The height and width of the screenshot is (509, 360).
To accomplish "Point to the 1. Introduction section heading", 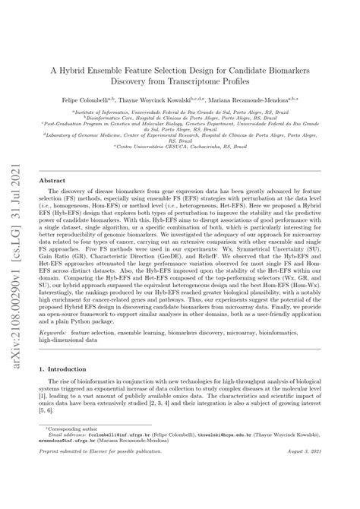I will click(66, 390).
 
